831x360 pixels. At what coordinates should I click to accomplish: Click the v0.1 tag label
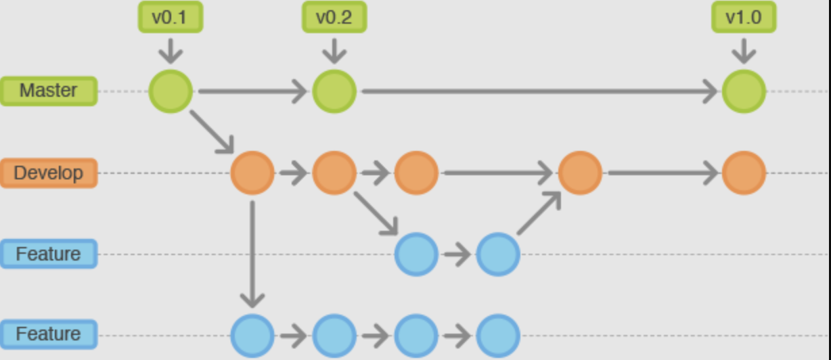pyautogui.click(x=169, y=18)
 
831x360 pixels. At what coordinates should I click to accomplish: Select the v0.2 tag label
pyautogui.click(x=334, y=18)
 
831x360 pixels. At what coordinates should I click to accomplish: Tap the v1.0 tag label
pyautogui.click(x=743, y=18)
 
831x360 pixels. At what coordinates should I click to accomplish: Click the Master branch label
pyautogui.click(x=49, y=91)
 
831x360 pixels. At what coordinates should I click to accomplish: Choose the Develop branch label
pyautogui.click(x=49, y=173)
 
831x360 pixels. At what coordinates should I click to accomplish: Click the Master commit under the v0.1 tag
pyautogui.click(x=171, y=91)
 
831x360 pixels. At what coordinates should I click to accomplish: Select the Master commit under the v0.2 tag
pyautogui.click(x=334, y=91)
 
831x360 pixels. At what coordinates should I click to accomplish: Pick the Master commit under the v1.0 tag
pyautogui.click(x=744, y=91)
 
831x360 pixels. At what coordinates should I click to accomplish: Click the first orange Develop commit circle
pyautogui.click(x=252, y=173)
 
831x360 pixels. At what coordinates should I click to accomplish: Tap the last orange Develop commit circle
pyautogui.click(x=744, y=173)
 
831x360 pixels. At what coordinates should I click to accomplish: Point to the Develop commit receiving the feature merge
pyautogui.click(x=580, y=173)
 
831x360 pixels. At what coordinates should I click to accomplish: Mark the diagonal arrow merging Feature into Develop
pyautogui.click(x=539, y=213)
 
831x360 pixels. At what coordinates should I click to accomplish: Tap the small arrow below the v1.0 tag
pyautogui.click(x=744, y=51)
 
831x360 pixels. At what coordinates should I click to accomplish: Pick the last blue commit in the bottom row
pyautogui.click(x=498, y=335)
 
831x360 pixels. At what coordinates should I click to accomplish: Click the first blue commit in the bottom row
pyautogui.click(x=252, y=335)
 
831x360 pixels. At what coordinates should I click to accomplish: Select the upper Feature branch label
pyautogui.click(x=49, y=254)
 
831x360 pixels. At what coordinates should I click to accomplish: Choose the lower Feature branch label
pyautogui.click(x=49, y=334)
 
